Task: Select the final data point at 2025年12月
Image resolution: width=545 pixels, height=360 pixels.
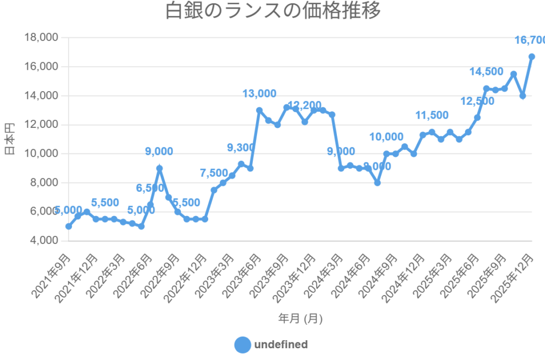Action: (x=532, y=56)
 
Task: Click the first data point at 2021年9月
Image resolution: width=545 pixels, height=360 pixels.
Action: (x=69, y=226)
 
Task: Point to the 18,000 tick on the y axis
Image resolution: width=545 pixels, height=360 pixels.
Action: (x=41, y=38)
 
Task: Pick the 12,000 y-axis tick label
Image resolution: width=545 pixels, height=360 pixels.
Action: (x=41, y=125)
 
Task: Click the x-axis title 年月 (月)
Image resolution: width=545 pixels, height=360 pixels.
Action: (x=300, y=318)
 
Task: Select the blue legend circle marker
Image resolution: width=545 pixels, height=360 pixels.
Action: (x=242, y=345)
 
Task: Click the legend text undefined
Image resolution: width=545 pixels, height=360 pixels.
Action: (x=281, y=345)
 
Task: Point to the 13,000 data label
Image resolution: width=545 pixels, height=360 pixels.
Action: (x=259, y=94)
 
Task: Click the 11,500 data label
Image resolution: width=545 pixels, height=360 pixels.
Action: (x=432, y=115)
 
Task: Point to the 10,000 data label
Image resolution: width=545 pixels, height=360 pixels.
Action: (x=386, y=137)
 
